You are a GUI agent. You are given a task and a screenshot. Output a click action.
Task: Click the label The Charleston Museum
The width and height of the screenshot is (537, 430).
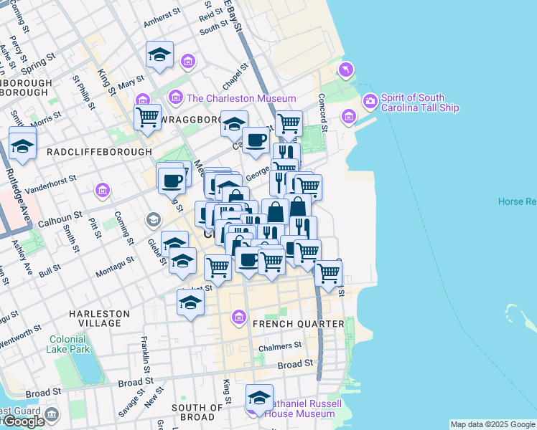[241, 98]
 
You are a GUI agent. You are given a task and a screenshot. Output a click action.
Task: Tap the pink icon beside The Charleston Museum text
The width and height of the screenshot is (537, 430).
[175, 97]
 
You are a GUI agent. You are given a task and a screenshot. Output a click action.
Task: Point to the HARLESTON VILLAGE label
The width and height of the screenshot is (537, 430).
[99, 319]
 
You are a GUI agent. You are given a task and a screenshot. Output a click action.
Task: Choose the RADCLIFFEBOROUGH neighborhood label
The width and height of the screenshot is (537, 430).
[99, 152]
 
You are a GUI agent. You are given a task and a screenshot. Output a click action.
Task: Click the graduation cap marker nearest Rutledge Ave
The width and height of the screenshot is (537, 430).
[23, 145]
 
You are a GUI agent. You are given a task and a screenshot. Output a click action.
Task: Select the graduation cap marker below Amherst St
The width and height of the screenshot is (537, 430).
[160, 55]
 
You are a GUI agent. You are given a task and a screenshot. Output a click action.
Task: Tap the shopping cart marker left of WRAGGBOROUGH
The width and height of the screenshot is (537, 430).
[147, 116]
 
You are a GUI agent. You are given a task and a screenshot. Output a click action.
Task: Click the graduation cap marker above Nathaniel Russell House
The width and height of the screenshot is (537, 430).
[260, 398]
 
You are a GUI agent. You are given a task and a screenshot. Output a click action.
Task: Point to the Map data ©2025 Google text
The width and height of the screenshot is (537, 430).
[492, 424]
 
